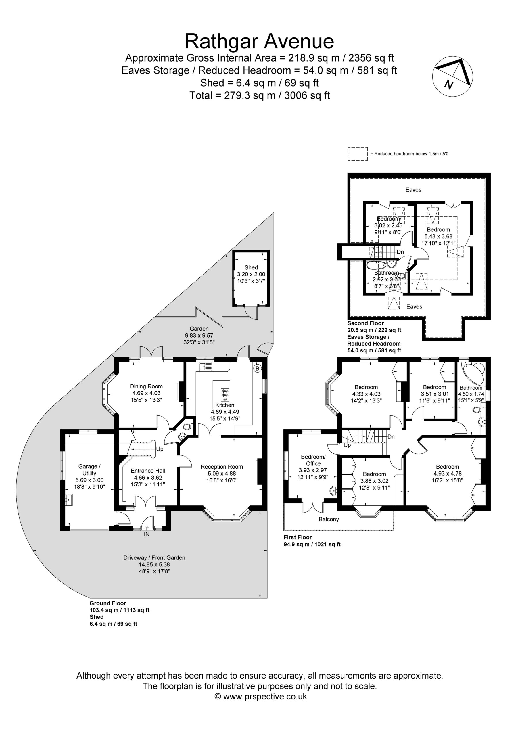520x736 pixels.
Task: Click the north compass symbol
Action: [x=453, y=76]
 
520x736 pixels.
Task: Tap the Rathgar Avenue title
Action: [x=259, y=41]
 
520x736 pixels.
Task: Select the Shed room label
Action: [x=251, y=267]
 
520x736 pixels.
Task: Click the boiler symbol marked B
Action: [x=257, y=369]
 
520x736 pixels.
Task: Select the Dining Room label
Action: [x=146, y=386]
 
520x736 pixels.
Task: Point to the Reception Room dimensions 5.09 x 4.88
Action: [x=222, y=474]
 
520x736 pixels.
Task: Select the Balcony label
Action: [x=329, y=519]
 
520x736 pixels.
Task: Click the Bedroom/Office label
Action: [x=313, y=460]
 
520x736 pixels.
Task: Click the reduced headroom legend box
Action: [x=358, y=154]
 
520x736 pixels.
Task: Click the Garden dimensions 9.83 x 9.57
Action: [x=199, y=335]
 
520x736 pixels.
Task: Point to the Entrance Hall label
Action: [x=148, y=471]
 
